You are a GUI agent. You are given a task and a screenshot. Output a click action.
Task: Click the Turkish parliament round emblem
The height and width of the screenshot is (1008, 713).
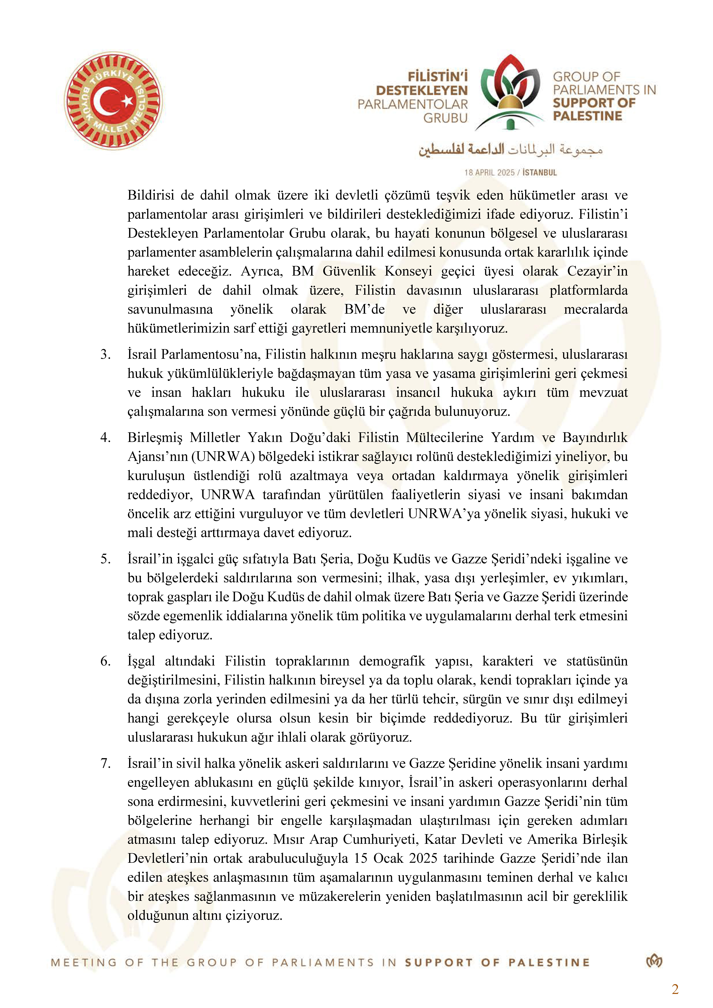113,101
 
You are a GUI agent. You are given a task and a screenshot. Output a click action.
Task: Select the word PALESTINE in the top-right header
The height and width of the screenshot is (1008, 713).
587,116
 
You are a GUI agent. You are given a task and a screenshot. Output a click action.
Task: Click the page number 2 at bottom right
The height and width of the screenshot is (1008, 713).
675,989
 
